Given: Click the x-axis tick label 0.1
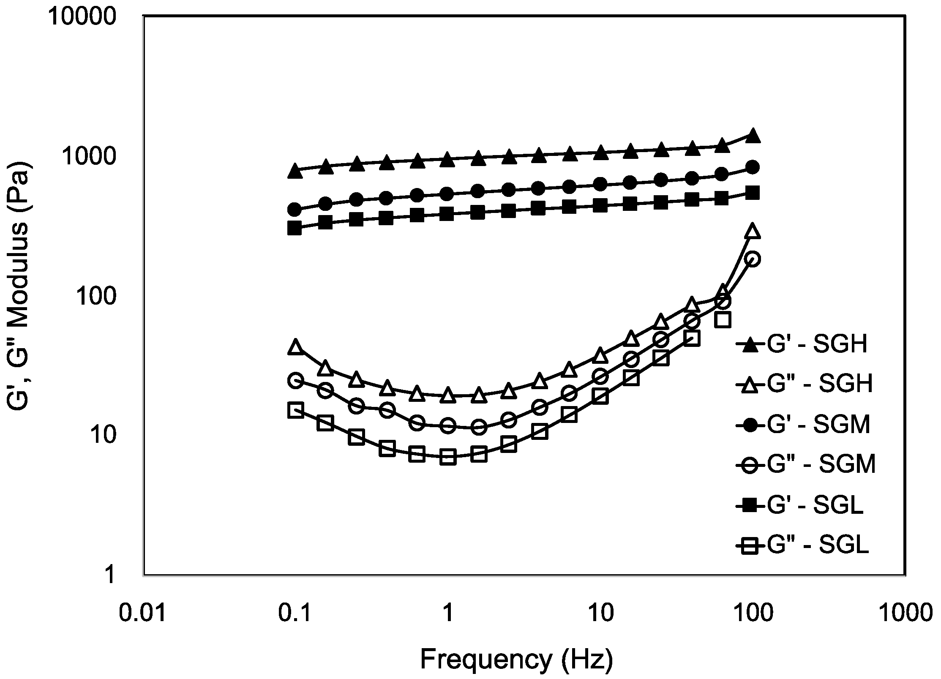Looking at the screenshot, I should point(295,613).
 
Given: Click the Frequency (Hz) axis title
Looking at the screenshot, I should point(516,659).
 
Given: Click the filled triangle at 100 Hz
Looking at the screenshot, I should point(753,137).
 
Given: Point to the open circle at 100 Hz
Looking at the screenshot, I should point(753,259).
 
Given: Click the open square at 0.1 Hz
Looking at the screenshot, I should point(296,410).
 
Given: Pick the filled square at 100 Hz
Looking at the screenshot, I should point(753,193).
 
